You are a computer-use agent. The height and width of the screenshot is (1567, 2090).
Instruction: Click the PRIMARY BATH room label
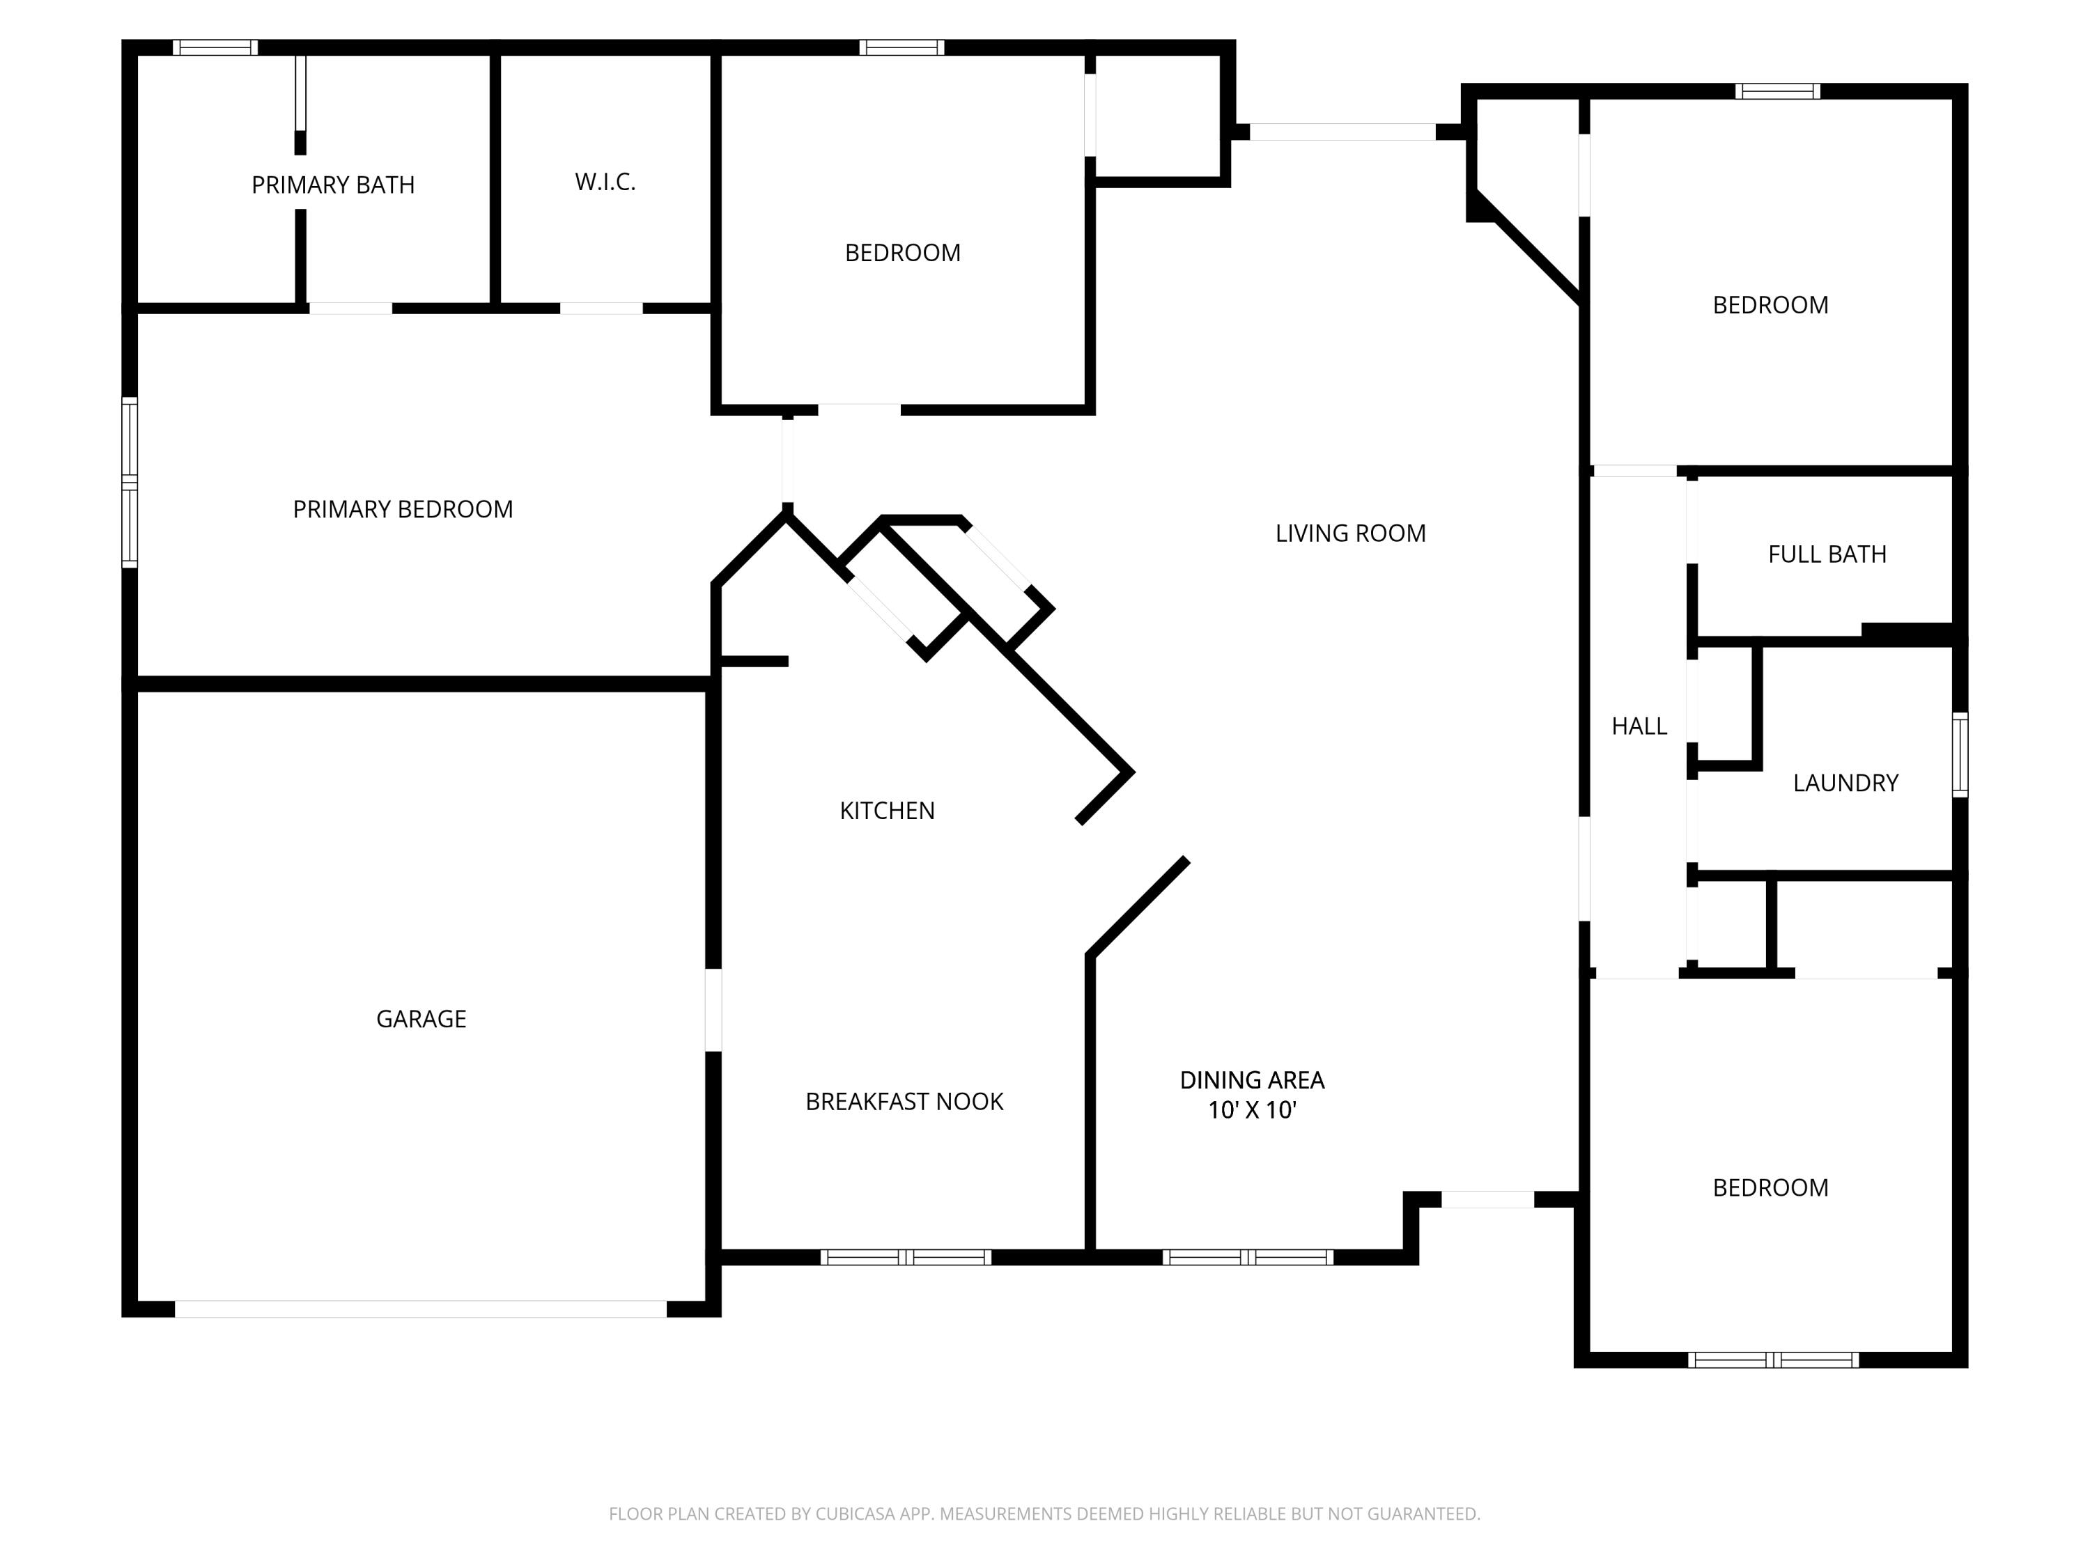click(x=332, y=185)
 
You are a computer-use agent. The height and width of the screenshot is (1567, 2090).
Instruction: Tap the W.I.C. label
click(x=605, y=182)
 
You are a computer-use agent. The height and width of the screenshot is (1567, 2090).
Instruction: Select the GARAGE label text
click(x=421, y=1019)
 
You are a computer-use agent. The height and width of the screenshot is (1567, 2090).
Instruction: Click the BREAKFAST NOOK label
click(x=904, y=1101)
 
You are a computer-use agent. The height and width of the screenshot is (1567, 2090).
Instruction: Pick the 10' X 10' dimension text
click(x=1251, y=1111)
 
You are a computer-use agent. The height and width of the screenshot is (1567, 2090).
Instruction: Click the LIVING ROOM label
click(x=1349, y=533)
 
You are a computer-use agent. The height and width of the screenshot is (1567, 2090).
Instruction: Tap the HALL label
click(x=1639, y=726)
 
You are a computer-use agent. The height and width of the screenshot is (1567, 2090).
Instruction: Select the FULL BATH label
click(x=1827, y=554)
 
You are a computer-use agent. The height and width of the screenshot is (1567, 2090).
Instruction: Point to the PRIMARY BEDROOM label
click(x=403, y=510)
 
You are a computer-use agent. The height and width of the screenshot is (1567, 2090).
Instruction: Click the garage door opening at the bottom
click(x=421, y=1309)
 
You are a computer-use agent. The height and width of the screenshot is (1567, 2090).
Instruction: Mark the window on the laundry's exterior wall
click(x=1960, y=755)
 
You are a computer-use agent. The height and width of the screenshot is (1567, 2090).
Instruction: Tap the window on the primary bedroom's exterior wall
click(x=130, y=483)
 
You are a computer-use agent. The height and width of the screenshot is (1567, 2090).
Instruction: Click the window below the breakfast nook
click(x=905, y=1257)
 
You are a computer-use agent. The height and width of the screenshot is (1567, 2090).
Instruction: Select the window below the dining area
click(x=1247, y=1257)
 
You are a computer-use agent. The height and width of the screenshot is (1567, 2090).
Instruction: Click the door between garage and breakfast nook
click(x=714, y=1010)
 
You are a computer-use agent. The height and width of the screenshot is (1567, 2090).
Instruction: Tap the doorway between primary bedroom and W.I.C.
click(x=601, y=309)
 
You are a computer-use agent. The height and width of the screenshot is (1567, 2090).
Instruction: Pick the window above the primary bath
click(x=215, y=48)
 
